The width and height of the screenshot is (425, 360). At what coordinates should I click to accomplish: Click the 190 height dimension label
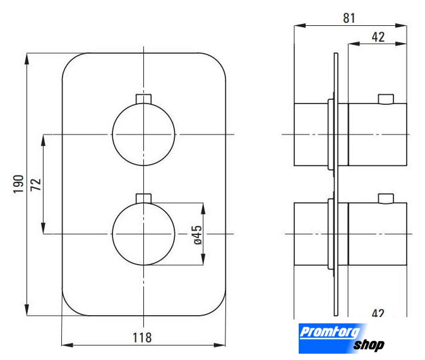coord(19,184)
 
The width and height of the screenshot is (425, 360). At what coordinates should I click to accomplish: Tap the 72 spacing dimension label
coord(36,184)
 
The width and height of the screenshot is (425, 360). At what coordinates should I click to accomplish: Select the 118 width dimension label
coord(142,338)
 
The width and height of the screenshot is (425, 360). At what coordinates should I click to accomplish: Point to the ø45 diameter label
coord(198,235)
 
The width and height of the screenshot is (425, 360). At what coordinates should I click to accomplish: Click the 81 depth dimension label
coord(349,18)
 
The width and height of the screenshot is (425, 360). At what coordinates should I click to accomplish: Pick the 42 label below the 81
coord(378,37)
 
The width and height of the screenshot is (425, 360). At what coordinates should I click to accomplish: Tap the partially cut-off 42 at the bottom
coord(378,313)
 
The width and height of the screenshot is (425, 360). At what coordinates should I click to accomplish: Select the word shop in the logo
coord(369,345)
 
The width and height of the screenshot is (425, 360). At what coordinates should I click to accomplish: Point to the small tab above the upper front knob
coord(143,99)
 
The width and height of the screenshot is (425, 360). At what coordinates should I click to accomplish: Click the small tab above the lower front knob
coord(143,198)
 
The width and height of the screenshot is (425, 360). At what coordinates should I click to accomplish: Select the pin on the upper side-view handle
coord(386,99)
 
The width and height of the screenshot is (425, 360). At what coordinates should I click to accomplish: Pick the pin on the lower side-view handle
coord(386,198)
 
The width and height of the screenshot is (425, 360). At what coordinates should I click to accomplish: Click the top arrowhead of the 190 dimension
coord(27,59)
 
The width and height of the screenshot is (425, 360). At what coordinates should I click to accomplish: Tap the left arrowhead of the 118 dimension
coord(68,345)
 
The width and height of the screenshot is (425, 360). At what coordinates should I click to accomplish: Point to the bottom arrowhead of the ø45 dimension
coord(203,260)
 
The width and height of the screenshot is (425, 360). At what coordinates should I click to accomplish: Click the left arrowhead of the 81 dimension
coord(300,25)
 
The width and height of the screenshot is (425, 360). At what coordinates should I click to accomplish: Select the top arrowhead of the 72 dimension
coord(43,140)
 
